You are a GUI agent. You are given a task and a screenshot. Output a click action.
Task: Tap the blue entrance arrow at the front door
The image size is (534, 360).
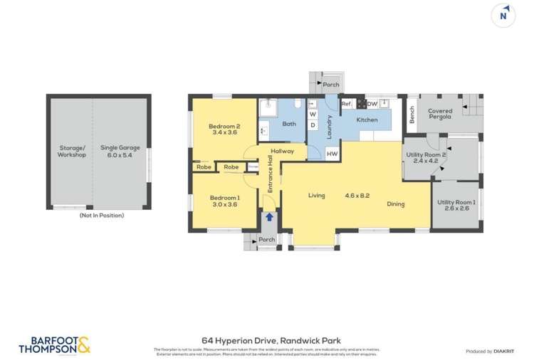(268, 217)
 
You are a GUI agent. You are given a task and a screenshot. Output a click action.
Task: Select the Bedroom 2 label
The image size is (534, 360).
(224, 129)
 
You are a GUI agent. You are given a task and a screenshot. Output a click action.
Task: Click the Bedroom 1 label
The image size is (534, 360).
(224, 201)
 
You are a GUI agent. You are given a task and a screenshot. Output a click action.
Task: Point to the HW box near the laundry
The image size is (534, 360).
(332, 154)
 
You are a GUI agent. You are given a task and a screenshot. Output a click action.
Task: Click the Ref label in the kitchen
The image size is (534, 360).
(346, 104)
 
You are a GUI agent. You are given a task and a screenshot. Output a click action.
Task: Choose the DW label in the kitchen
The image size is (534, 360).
(372, 104)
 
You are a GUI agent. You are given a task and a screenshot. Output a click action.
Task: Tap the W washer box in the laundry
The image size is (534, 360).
(313, 114)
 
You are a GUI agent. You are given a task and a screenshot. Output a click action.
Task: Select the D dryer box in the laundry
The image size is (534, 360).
(313, 125)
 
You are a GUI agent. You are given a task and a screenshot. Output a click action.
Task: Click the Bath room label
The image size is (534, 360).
(288, 124)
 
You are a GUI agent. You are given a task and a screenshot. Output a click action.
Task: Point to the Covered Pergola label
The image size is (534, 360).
(440, 114)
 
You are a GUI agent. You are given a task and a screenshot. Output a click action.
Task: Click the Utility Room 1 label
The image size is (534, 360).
(456, 206)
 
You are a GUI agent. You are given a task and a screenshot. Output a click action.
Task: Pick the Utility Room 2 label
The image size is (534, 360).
(425, 157)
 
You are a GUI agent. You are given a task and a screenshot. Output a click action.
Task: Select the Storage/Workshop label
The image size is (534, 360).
(72, 152)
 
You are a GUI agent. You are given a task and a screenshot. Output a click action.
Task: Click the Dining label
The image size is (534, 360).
(395, 204)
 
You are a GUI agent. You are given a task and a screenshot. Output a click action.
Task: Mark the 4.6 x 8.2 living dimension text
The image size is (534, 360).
(357, 195)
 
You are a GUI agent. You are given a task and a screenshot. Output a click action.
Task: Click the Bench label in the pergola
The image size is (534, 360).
(412, 115)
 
